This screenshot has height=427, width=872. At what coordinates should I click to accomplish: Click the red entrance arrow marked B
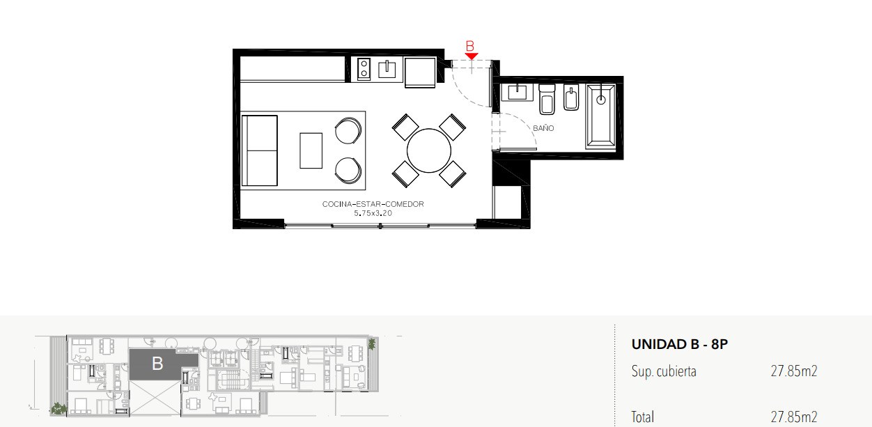[x=472, y=56]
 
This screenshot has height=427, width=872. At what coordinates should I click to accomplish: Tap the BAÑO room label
[x=543, y=128]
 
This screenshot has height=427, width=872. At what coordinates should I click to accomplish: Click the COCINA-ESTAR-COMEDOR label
[x=373, y=204]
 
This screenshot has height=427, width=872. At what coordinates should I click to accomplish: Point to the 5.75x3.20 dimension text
[x=373, y=213]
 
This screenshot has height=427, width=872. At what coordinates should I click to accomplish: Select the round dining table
[x=429, y=150]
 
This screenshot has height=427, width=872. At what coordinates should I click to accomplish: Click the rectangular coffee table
[x=311, y=150]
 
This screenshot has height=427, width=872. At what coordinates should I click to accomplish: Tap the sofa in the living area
[x=260, y=150]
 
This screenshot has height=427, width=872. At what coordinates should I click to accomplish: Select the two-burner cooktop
[x=364, y=69]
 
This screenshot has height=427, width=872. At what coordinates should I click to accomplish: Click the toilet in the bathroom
[x=547, y=99]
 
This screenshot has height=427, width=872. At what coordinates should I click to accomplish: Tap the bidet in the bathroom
[x=571, y=98]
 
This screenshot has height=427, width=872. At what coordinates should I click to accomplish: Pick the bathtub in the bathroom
[x=600, y=117]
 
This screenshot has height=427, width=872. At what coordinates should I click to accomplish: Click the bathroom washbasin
[x=517, y=93]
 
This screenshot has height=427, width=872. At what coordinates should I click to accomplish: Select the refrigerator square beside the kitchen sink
[x=420, y=72]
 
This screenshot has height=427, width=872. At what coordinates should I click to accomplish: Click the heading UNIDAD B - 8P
[x=679, y=345]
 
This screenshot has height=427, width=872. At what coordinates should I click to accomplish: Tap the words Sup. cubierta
[x=664, y=371]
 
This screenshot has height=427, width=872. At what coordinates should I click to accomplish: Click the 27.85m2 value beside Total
[x=794, y=417]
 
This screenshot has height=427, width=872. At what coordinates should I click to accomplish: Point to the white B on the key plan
[x=157, y=364]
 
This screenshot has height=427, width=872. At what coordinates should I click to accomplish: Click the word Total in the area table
[x=642, y=417]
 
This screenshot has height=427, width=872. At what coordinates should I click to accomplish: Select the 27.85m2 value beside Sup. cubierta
[x=794, y=371]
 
